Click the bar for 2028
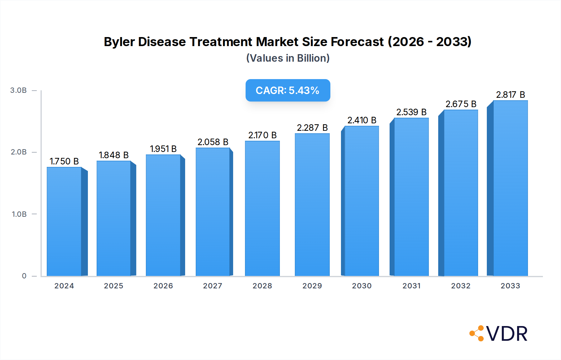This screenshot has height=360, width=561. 262,209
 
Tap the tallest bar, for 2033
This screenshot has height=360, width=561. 510,188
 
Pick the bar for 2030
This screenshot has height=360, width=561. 362,201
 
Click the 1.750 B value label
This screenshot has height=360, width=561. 64,161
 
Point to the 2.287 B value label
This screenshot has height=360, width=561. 312,128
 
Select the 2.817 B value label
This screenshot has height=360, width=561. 511,95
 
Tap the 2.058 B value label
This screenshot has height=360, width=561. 213,142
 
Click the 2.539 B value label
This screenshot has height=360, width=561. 411,112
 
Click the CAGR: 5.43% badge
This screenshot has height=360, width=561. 288,90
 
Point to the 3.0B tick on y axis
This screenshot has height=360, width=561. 18,90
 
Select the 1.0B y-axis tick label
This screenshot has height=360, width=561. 19,214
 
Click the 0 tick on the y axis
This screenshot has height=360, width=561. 24,276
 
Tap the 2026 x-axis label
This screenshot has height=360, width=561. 163,286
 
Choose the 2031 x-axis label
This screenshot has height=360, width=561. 411,286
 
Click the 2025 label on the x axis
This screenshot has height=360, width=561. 113,286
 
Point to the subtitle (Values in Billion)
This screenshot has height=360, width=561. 288,58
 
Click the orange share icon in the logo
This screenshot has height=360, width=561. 477,334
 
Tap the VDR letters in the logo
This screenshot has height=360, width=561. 507,334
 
